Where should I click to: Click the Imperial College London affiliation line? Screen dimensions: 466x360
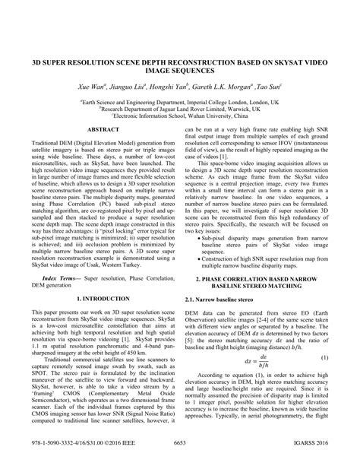click(x=179, y=100)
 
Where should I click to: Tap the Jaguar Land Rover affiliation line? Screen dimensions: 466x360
click(x=179, y=108)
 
